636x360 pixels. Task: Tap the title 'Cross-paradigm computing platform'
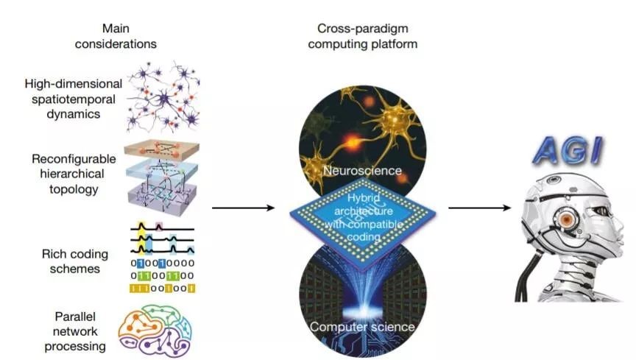point(362,37)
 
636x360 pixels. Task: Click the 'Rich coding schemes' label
point(75,261)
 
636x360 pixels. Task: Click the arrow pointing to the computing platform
point(243,208)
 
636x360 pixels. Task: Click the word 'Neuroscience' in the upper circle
point(362,171)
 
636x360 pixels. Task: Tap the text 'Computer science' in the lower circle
point(362,326)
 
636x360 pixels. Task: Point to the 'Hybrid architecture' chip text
point(362,211)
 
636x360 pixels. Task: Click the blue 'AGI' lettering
point(567,150)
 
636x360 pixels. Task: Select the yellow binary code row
point(161,289)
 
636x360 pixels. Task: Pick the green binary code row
point(161,275)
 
